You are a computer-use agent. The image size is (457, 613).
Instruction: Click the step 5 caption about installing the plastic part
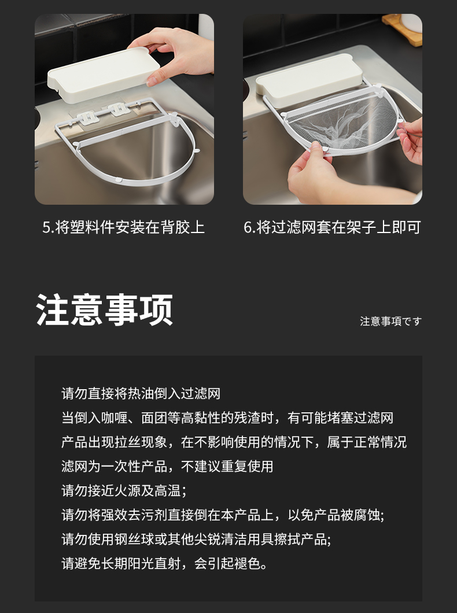tap(124, 227)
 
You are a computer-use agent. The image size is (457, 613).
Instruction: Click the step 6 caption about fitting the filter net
tap(332, 227)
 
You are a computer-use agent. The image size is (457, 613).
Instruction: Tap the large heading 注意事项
tap(104, 309)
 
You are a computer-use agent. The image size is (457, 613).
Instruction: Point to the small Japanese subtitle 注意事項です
tap(390, 322)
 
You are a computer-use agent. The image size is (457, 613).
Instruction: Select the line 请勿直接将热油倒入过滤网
tap(141, 394)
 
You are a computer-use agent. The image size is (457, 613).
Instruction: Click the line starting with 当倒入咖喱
tap(227, 418)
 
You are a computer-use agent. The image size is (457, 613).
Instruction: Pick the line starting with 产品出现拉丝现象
tap(234, 442)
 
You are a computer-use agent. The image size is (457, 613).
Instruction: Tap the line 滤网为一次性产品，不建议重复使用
tap(167, 466)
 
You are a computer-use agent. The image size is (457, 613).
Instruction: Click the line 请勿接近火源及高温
tap(124, 490)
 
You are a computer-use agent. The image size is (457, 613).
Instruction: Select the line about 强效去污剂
tap(223, 515)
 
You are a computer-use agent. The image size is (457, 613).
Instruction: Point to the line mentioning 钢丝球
tap(196, 540)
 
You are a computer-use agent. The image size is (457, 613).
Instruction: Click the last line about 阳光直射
tap(164, 564)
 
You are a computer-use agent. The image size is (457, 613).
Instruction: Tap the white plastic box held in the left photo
tap(104, 75)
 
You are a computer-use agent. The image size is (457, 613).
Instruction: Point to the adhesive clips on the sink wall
tap(103, 112)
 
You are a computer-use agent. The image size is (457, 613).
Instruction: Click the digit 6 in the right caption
tap(248, 227)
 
